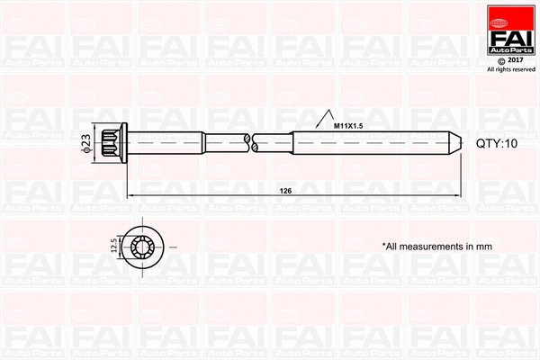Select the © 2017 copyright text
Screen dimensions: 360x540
point(509,59)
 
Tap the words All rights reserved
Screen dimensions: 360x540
point(510,69)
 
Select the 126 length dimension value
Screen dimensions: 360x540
point(285,191)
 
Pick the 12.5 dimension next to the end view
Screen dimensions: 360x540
point(112,245)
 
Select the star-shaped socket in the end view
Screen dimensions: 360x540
point(142,245)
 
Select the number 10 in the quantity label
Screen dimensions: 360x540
point(513,142)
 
